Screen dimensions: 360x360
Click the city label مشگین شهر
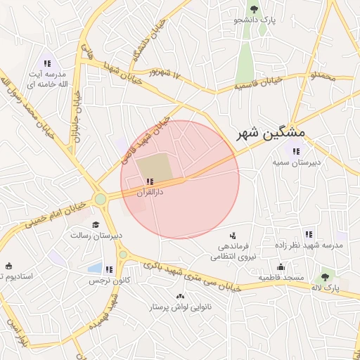[x=267, y=133]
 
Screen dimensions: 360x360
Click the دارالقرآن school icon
[x=150, y=181]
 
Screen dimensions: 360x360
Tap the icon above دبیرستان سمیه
[x=295, y=150]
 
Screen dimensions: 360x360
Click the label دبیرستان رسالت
[x=96, y=235]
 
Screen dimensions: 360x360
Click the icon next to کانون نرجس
[x=109, y=269]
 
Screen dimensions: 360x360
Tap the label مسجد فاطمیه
[x=281, y=278]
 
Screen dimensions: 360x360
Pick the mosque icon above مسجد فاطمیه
[x=281, y=266]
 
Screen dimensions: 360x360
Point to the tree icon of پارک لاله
[x=324, y=277]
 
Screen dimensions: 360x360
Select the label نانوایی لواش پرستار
[x=181, y=308]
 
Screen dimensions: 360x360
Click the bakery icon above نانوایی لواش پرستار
[x=181, y=297]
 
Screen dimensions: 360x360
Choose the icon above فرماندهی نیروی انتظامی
[x=233, y=236]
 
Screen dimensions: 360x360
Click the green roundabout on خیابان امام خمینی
[x=101, y=199]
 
